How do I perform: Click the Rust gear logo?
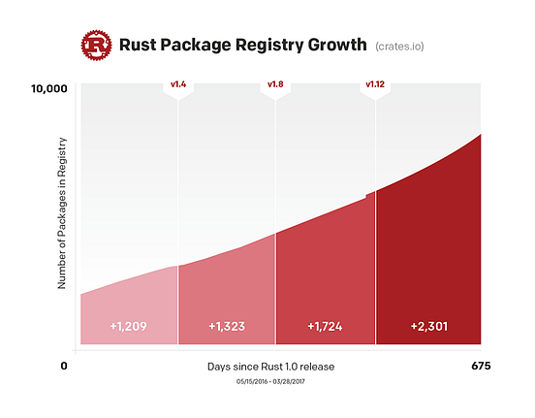97,45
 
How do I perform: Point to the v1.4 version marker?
178,85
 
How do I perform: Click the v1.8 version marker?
275,85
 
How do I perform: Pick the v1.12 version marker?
375,85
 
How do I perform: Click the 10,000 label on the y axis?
49,89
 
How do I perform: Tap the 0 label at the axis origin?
64,367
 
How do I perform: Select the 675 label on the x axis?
481,367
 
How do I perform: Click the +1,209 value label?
128,326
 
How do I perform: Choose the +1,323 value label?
227,326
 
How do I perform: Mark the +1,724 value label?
326,326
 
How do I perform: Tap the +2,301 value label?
428,326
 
